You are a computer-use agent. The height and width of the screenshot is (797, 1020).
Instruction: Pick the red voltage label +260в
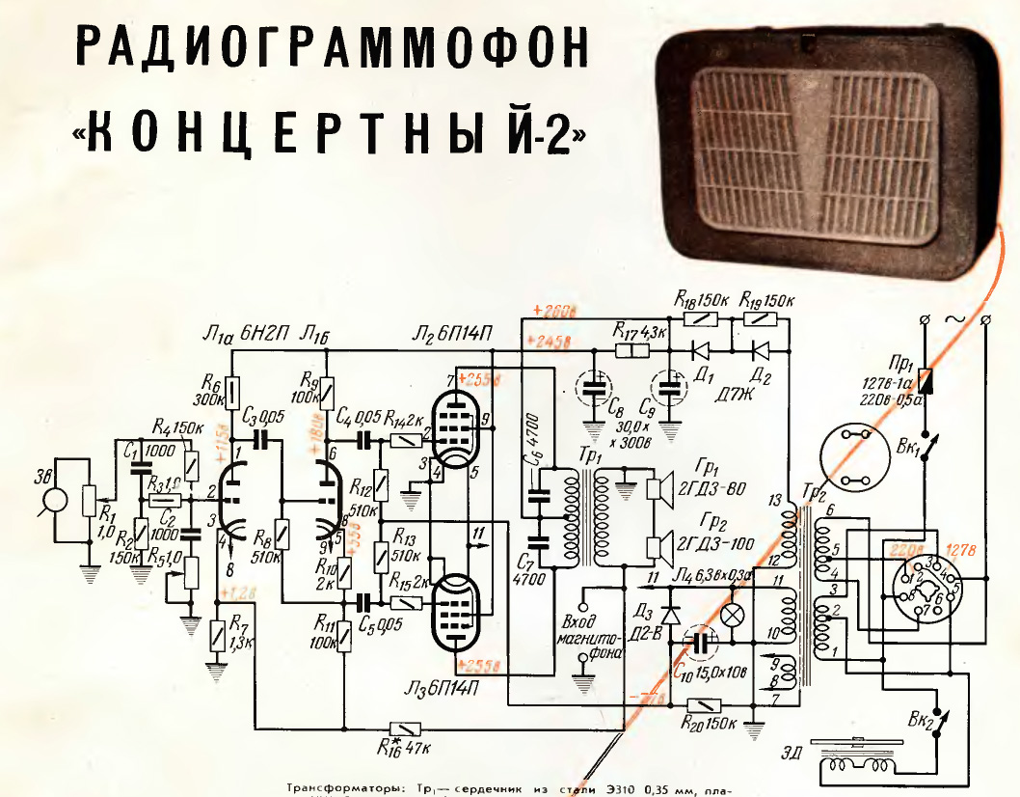553,312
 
